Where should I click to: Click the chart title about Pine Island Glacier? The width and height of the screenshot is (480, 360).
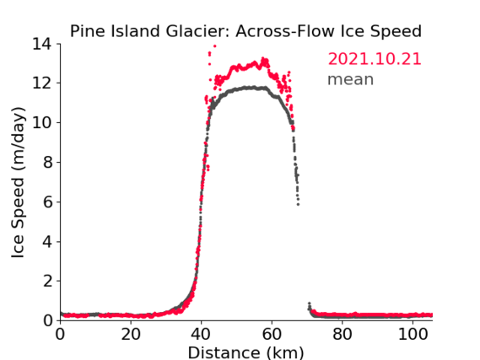point(245,31)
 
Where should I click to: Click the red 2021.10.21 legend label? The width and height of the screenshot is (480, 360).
point(375,59)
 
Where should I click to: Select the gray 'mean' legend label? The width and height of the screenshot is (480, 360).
point(351,79)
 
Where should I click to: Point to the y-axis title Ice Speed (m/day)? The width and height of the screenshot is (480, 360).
point(18,183)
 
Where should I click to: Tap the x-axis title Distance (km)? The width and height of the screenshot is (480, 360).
point(245,352)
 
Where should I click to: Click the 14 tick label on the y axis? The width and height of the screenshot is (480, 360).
point(42,44)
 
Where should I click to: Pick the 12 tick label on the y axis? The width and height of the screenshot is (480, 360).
point(42,83)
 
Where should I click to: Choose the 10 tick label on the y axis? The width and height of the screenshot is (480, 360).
point(42,122)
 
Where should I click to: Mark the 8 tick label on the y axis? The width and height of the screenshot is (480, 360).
point(47,162)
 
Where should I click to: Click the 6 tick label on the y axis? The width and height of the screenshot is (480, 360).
point(47,201)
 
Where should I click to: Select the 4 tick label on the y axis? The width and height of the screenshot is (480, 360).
point(47,242)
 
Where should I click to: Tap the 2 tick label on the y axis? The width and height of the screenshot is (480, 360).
point(47,281)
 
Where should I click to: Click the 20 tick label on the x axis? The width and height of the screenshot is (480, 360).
point(131,334)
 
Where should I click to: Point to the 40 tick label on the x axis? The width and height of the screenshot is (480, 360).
point(201,334)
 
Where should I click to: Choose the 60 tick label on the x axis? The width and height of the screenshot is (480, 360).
point(272,334)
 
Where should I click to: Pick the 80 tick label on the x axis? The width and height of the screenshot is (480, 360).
point(342,334)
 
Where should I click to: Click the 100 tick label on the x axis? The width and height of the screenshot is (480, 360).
point(413,334)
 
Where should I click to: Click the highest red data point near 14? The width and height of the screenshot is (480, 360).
point(215,46)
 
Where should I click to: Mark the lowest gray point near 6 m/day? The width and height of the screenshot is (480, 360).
point(298,204)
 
